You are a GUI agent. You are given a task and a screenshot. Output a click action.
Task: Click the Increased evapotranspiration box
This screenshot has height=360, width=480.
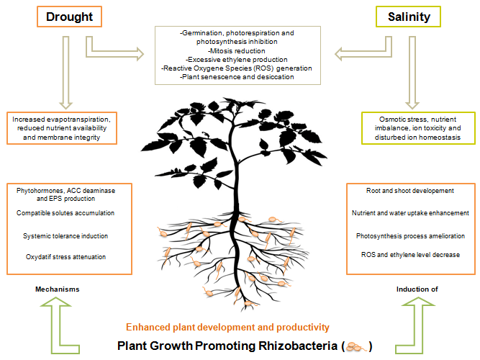point(69,127)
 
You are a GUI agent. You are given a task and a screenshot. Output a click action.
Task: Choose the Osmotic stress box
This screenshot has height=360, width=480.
point(417,127)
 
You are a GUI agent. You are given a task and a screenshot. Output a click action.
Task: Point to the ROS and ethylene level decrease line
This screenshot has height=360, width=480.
point(411,254)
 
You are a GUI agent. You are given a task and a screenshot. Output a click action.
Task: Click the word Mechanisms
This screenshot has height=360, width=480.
point(57,289)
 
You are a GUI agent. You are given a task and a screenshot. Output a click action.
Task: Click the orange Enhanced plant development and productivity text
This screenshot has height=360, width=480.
point(227,327)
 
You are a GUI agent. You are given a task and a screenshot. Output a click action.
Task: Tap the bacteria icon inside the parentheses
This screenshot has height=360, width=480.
point(357,346)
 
